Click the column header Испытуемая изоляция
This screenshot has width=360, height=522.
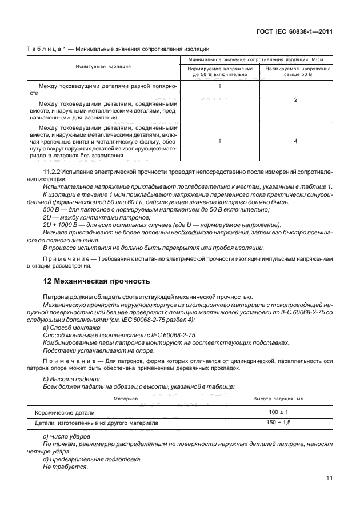103,67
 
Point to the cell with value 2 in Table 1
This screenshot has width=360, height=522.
295,100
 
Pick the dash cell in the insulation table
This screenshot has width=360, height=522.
220,107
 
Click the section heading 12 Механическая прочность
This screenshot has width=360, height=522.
97,281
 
